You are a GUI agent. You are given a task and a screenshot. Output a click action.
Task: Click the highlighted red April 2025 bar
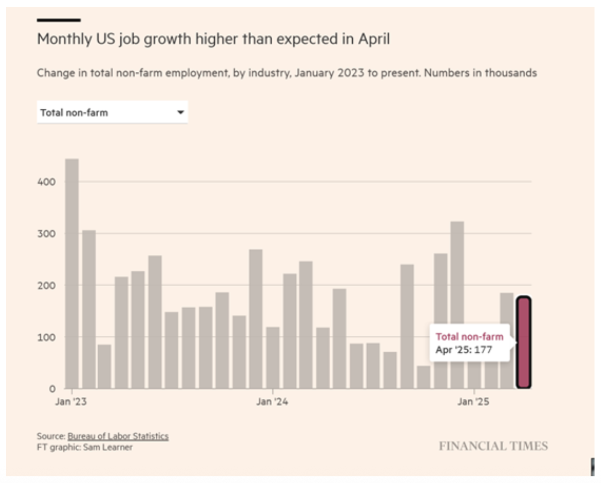524,342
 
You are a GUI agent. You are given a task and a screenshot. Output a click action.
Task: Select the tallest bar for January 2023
72,273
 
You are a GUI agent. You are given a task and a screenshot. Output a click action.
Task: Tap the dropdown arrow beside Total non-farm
181,113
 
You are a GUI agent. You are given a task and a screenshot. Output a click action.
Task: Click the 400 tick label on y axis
46,182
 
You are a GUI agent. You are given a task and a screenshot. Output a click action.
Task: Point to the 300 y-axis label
46,234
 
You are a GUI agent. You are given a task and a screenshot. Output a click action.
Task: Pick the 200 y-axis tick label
46,286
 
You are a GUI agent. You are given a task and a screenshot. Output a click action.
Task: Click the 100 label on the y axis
46,337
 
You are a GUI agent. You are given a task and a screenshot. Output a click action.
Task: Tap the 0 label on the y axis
52,389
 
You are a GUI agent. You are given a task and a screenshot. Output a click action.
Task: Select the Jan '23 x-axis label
71,402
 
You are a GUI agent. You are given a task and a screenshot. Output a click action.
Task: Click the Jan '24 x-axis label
272,402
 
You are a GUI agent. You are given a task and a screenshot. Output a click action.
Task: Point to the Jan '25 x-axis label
473,402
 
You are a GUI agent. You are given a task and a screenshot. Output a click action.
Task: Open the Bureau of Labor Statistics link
118,436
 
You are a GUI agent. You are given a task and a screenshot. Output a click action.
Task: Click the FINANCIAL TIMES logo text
493,446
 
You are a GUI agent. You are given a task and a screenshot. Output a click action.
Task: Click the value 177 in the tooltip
483,350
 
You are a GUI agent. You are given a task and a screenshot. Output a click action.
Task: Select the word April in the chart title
374,39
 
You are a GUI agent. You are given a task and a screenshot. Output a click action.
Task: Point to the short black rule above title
58,20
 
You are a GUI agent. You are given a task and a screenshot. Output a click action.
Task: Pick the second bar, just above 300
89,309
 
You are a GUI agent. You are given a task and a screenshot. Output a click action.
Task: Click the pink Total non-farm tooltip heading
469,337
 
